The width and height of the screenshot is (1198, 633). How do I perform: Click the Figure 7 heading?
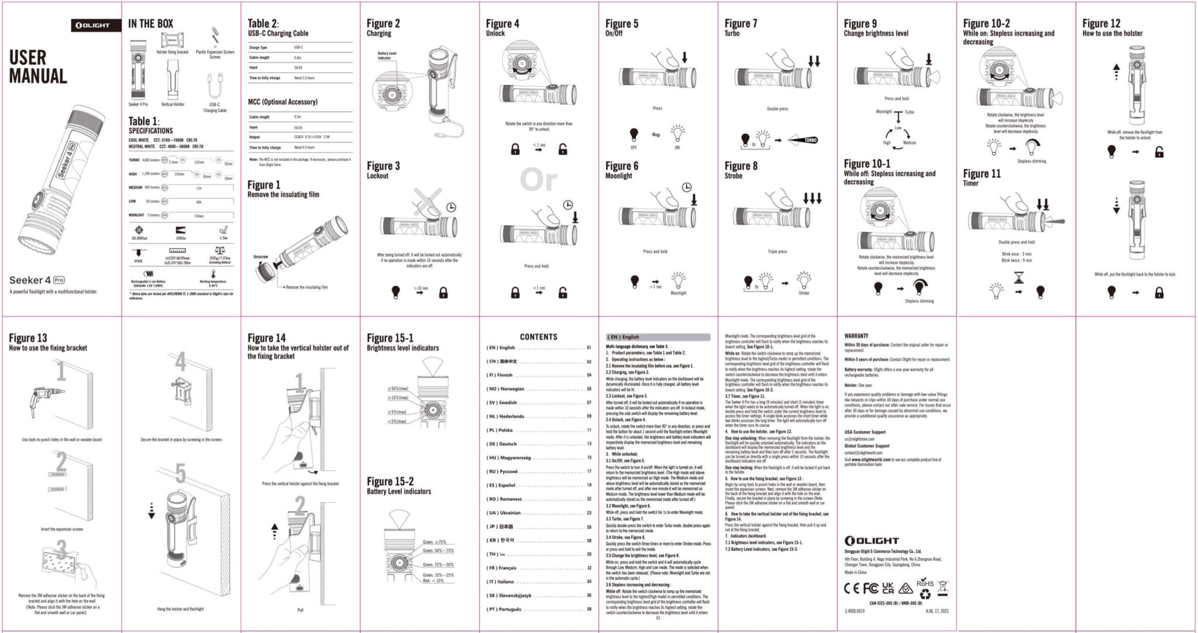point(741,23)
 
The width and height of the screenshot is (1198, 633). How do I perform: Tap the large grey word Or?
point(538,180)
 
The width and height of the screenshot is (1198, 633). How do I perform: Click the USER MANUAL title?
point(37,67)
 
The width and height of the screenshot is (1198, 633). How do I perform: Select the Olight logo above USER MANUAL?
point(92,25)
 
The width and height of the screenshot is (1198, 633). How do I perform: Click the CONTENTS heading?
point(538,337)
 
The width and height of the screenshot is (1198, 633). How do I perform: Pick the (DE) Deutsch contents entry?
point(502,444)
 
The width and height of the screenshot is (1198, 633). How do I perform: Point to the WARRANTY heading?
point(856,336)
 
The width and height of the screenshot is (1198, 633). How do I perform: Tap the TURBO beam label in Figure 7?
point(810,140)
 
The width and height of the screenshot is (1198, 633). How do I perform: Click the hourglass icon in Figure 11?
point(1019,278)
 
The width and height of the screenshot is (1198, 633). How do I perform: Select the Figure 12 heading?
point(1101,23)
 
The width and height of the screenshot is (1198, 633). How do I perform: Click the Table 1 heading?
point(144,121)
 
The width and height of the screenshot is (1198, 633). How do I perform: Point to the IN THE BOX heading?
point(150,23)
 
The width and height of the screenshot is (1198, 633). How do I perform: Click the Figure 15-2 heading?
point(390,481)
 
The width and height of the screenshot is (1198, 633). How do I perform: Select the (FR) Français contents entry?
point(502,568)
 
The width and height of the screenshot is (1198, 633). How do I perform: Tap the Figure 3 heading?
point(383,166)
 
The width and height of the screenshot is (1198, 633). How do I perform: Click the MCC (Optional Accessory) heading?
point(283,102)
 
